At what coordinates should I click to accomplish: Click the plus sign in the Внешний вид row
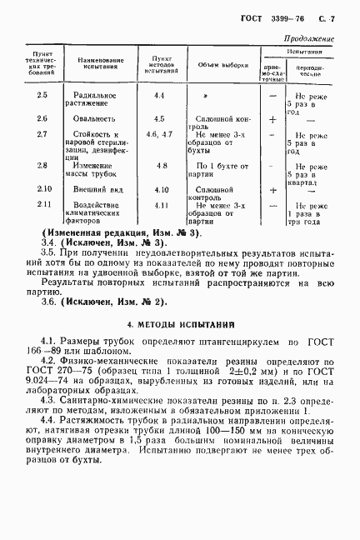coord(273,191)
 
